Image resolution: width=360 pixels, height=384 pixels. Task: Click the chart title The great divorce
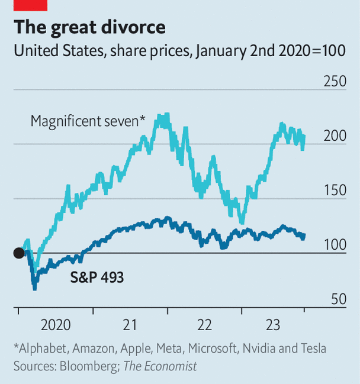click(89, 27)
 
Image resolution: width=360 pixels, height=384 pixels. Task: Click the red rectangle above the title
click(30, 5)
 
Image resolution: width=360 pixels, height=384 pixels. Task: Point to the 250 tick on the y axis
click(335, 81)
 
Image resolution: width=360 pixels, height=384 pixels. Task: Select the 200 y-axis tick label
click(335, 135)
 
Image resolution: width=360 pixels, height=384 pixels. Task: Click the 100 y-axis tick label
click(335, 244)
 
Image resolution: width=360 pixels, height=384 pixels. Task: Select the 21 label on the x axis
click(130, 325)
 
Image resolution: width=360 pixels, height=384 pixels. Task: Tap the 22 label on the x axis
click(204, 325)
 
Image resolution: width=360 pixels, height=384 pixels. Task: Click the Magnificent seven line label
click(88, 122)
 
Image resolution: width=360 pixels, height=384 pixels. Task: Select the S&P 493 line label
click(97, 277)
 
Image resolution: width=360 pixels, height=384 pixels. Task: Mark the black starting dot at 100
click(19, 253)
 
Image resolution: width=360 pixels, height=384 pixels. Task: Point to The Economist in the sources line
click(160, 366)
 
